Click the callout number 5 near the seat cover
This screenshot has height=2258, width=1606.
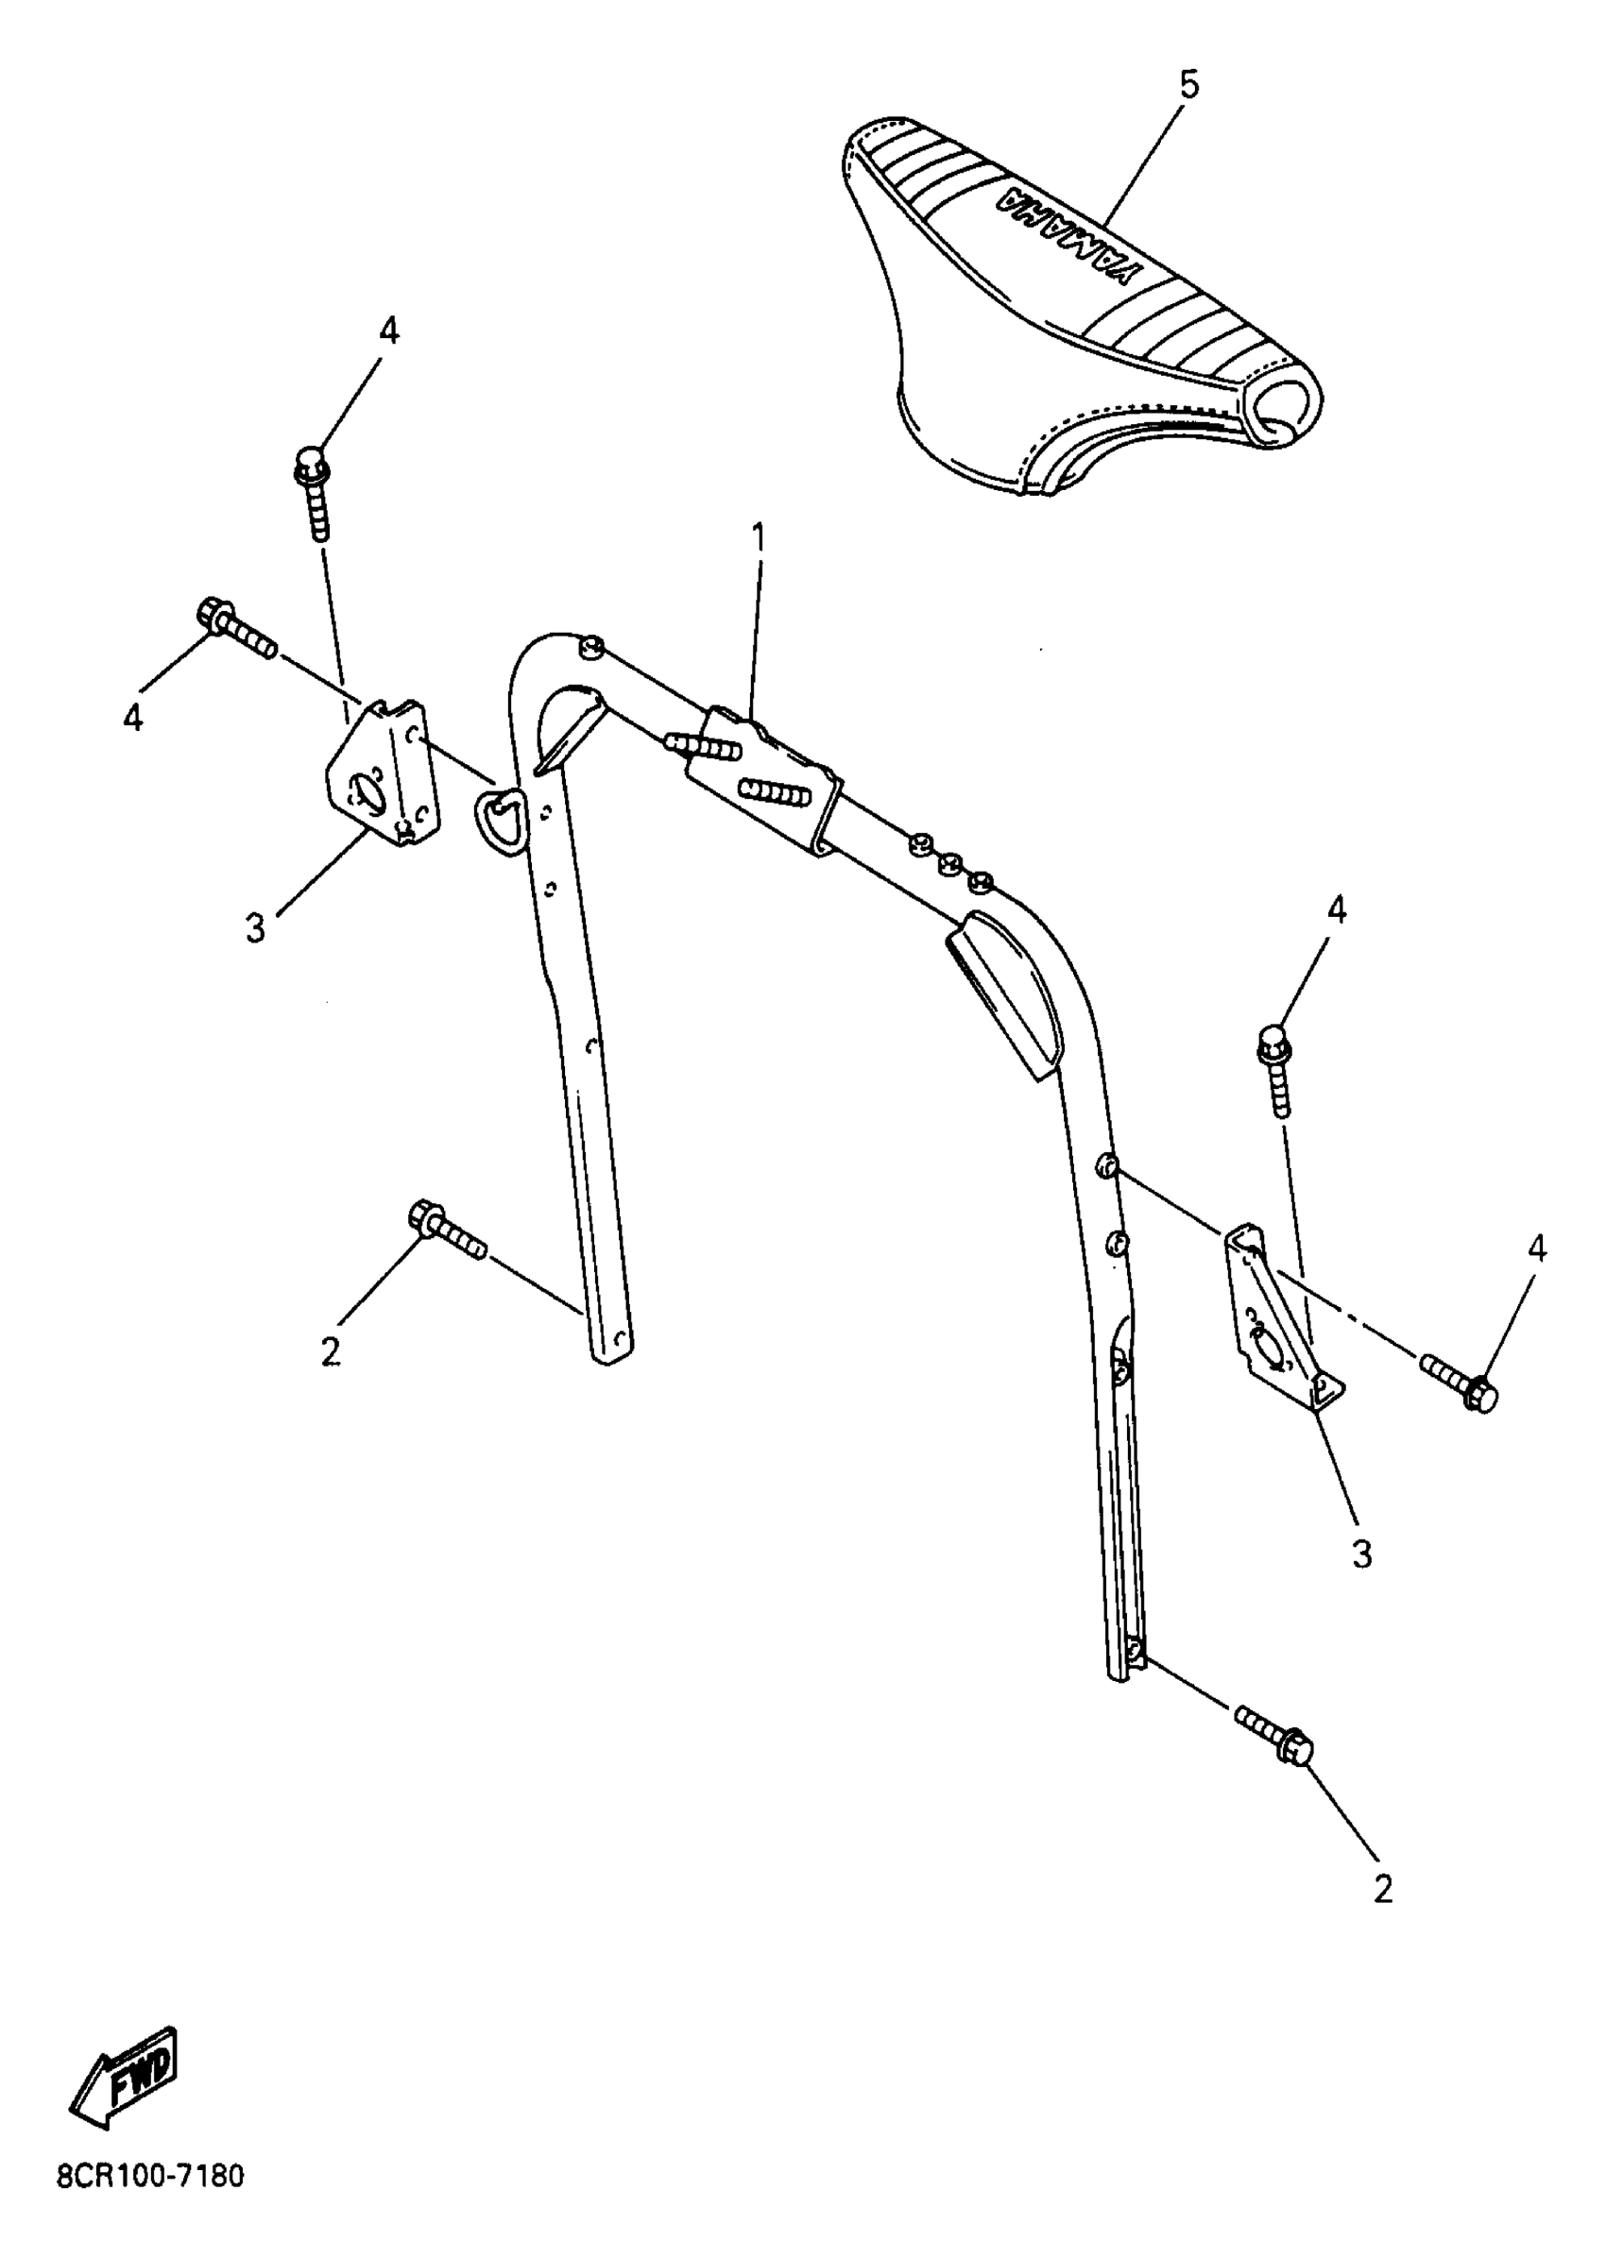1188,86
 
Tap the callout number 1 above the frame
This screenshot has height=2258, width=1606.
759,539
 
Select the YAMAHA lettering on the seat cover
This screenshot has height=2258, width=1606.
1073,233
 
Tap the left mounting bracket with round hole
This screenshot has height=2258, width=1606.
380,775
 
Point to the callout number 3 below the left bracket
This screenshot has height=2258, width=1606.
256,927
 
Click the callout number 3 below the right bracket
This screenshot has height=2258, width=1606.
1361,1555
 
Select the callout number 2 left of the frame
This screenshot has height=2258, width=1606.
331,1352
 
